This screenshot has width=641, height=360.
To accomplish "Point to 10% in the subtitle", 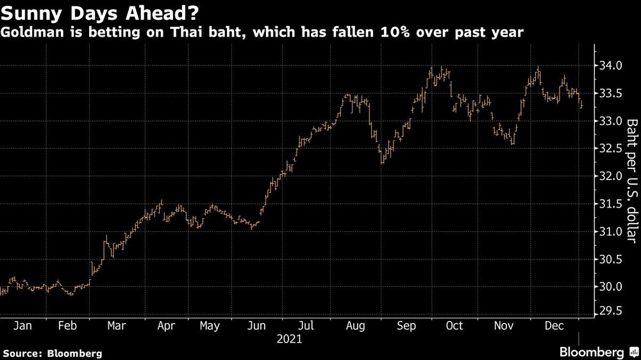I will coord(397,33).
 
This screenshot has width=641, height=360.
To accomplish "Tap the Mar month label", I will coord(116,326).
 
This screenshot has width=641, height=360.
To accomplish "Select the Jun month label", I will coord(256,326).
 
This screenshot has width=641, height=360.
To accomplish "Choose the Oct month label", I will coord(454,326).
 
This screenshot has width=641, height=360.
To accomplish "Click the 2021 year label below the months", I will coord(289,339).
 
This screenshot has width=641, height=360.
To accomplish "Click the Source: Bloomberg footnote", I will coord(52,353).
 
